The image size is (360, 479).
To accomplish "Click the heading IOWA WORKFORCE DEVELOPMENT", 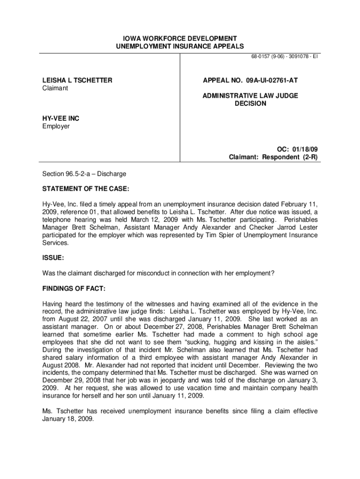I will tap(180, 38).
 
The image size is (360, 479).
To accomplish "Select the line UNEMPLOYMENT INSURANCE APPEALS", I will tap(180, 46).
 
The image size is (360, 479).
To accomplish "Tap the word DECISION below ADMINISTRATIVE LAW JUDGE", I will tap(250, 103).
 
